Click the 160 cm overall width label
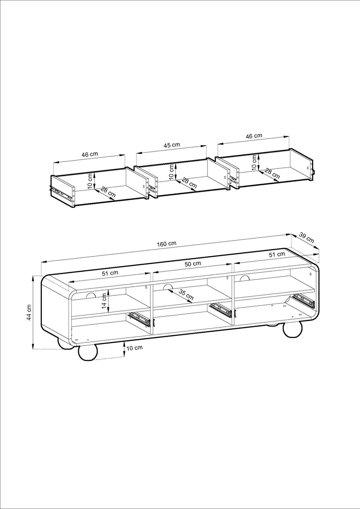point(167,244)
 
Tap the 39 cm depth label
point(306,237)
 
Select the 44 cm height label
point(29,312)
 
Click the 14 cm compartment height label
point(104,301)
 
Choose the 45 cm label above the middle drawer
point(172,145)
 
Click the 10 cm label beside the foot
point(135,354)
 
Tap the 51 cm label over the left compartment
point(110,273)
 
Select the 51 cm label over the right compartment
point(277,254)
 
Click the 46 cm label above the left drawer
point(90,154)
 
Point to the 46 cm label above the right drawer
point(254,136)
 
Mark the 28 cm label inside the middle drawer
point(189,183)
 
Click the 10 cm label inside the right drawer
point(254,162)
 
